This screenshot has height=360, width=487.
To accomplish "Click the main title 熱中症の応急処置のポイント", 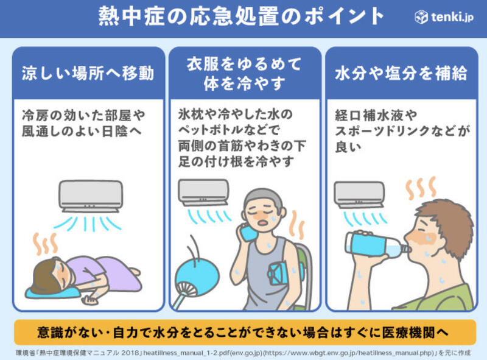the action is tap(241, 16).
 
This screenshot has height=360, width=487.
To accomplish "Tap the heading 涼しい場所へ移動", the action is tap(88, 73).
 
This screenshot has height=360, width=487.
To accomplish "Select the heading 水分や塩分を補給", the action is tap(401, 73).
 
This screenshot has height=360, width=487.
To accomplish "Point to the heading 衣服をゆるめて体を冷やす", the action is tap(244, 74).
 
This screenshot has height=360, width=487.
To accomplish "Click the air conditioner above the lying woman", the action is tap(91, 196).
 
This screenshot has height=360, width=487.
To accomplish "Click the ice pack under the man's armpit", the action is tap(279, 274).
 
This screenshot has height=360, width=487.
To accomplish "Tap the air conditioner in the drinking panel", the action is tap(359, 194).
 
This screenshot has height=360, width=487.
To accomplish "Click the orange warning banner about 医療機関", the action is tap(245, 332).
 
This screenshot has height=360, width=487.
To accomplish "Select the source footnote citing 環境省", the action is tap(243, 353).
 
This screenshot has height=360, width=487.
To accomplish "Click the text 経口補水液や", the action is tap(376, 115).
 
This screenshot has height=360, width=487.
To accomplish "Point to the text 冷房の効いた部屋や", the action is tap(83, 115).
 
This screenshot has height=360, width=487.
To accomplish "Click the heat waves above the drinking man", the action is tap(421, 188).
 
